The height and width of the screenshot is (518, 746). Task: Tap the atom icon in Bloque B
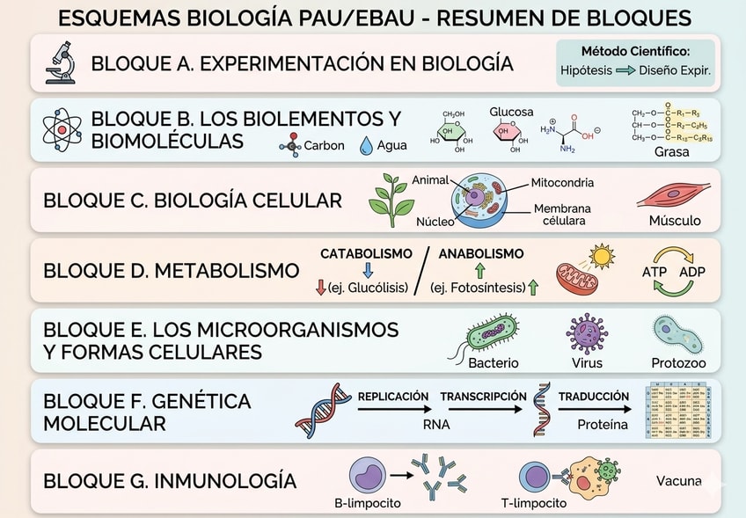coord(62,129)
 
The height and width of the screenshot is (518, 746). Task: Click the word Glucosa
coord(511,113)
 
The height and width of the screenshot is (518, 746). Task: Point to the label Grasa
coord(671,152)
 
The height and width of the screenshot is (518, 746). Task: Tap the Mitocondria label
coord(562,183)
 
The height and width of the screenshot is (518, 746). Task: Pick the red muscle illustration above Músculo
coord(675,195)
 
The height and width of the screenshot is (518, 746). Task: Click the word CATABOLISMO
coord(366,253)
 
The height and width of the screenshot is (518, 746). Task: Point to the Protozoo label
coord(677,362)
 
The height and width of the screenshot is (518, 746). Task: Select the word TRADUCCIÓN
coord(594,397)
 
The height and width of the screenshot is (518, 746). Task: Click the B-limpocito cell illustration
coord(367,476)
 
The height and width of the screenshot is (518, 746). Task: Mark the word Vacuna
coord(678,481)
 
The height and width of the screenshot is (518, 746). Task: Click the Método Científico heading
coord(635,52)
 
